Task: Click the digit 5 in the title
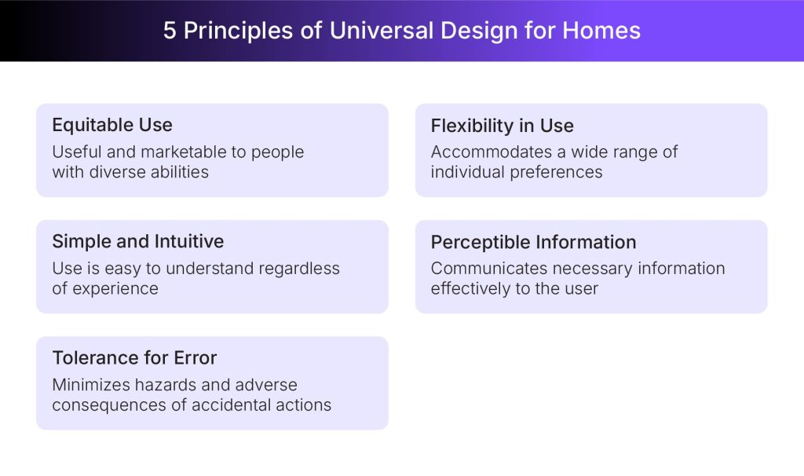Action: [170, 31]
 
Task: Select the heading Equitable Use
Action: [112, 125]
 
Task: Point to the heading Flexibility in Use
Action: [502, 126]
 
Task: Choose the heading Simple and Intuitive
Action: [138, 241]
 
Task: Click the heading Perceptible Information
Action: [533, 242]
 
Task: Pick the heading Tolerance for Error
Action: [134, 357]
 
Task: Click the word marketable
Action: [182, 152]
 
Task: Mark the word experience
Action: [115, 289]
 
